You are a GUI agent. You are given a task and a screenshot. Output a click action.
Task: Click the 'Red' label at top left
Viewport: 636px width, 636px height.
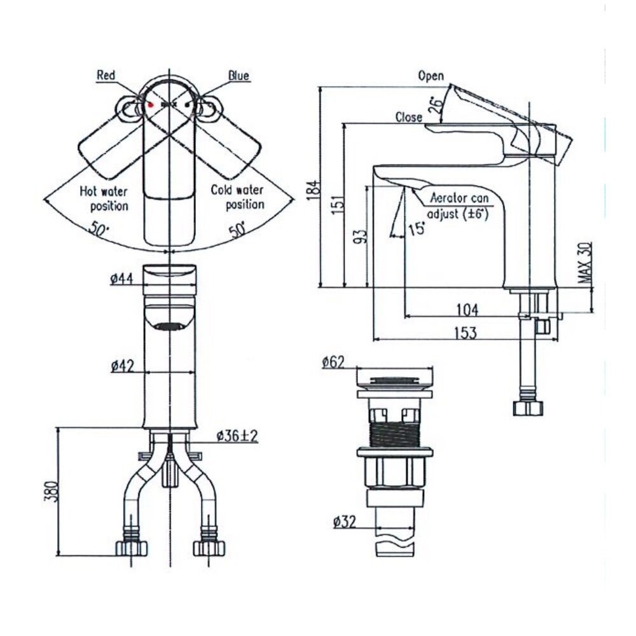pyautogui.click(x=106, y=76)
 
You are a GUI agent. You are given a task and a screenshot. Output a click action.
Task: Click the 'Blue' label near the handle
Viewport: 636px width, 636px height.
pyautogui.click(x=239, y=76)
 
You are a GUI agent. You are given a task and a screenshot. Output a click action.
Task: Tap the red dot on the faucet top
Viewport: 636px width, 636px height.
pyautogui.click(x=151, y=104)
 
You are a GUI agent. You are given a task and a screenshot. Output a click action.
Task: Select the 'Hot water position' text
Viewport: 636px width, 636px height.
pyautogui.click(x=104, y=198)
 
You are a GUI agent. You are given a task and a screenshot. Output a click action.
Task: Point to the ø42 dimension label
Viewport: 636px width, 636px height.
pyautogui.click(x=121, y=365)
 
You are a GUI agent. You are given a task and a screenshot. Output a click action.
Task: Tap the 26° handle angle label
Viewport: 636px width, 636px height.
pyautogui.click(x=436, y=105)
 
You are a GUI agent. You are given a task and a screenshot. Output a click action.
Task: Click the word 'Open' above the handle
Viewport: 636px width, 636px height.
pyautogui.click(x=431, y=76)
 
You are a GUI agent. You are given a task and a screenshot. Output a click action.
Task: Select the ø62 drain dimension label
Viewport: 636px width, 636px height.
pyautogui.click(x=333, y=362)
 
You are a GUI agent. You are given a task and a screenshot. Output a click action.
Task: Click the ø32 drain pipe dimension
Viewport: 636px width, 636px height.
pyautogui.click(x=343, y=522)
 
